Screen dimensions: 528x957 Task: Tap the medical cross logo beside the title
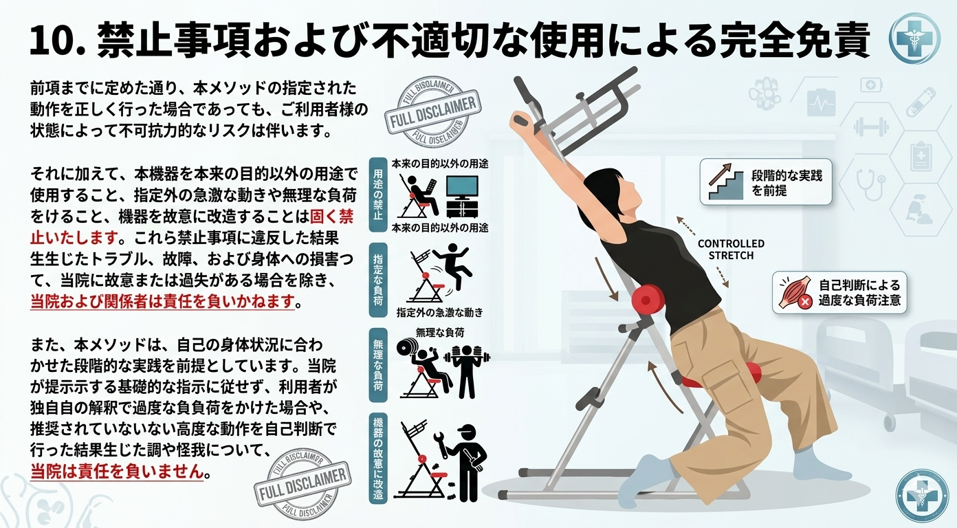[x=914, y=38]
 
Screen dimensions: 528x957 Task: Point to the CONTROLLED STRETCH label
[x=730, y=250]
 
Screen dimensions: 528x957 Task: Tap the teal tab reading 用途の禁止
[x=377, y=196]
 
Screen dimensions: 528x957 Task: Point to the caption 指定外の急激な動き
[x=439, y=312]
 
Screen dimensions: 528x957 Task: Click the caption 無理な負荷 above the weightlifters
[x=440, y=332]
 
